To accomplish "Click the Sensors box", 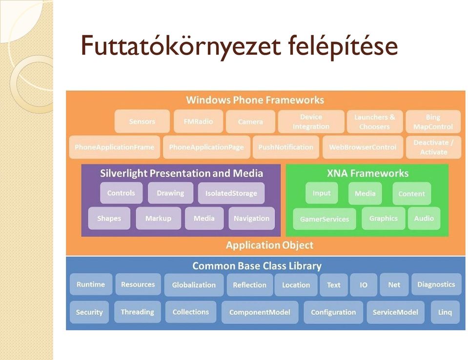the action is [142, 121].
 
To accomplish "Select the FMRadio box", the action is [199, 121].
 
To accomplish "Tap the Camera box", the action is [250, 122].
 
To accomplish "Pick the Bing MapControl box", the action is [433, 122].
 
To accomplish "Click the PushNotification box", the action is [286, 147].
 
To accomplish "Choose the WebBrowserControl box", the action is [363, 147].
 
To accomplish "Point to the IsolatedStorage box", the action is [231, 193].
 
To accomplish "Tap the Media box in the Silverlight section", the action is [204, 218].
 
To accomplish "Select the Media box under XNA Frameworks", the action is [365, 193].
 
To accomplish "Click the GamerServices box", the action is [325, 219].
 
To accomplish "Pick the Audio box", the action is [424, 218].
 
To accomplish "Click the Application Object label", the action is [269, 245].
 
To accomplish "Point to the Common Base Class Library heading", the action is [257, 266].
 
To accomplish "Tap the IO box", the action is [364, 285].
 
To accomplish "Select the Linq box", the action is [445, 312].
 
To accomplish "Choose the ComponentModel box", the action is [260, 312].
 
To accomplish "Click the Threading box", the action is [137, 312].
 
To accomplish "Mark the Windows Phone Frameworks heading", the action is [255, 100].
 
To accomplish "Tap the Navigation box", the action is [252, 218].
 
